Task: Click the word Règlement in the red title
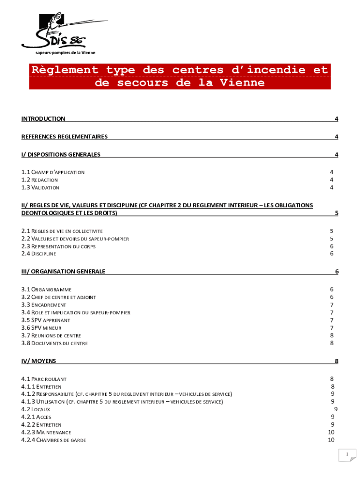pyautogui.click(x=64, y=70)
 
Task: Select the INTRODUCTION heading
pyautogui.click(x=43, y=119)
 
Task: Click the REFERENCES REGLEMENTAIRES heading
pyautogui.click(x=65, y=137)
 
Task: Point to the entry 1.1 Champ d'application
pyautogui.click(x=53, y=172)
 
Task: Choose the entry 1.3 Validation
pyautogui.click(x=40, y=188)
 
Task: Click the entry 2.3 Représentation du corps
pyautogui.click(x=58, y=246)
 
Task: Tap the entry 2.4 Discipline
pyautogui.click(x=39, y=254)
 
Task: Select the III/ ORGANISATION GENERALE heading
pyautogui.click(x=63, y=271)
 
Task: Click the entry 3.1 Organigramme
pyautogui.click(x=46, y=290)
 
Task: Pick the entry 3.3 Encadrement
pyautogui.click(x=44, y=305)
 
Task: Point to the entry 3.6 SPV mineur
pyautogui.click(x=41, y=328)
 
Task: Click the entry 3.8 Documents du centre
pyautogui.click(x=54, y=343)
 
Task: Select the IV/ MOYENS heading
pyautogui.click(x=38, y=361)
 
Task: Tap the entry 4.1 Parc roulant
pyautogui.click(x=44, y=379)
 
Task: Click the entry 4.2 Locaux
pyautogui.click(x=36, y=409)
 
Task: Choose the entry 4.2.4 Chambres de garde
pyautogui.click(x=53, y=440)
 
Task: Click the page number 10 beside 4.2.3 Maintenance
pyautogui.click(x=331, y=432)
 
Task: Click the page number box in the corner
pyautogui.click(x=347, y=455)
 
